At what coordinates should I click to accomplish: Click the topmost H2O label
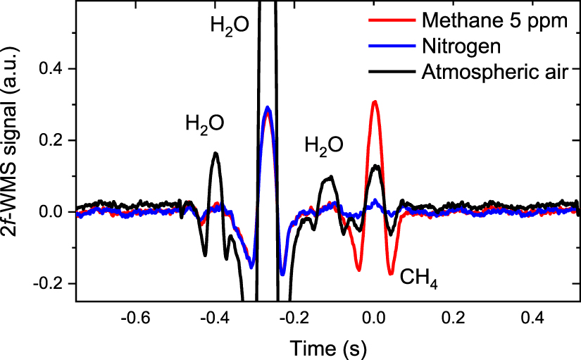pos(230,26)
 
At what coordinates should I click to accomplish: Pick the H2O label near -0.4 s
pos(205,124)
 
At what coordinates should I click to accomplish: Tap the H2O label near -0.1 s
pos(324,146)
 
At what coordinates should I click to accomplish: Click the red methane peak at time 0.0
pos(375,102)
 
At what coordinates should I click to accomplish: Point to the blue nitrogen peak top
pos(268,108)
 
